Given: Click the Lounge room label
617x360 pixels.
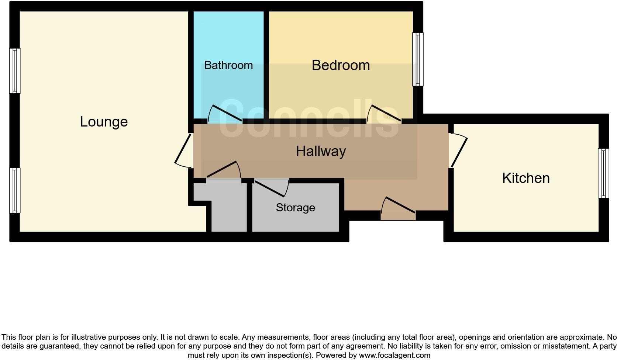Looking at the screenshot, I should pos(104,122).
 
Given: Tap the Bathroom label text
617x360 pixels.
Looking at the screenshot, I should pos(228,65).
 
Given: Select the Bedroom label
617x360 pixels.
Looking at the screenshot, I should pos(341,65).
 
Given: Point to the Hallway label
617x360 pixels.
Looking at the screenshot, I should pos(321,151).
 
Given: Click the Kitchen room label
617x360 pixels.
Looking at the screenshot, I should pos(526,178).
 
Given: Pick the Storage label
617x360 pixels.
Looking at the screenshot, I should pos(295,208).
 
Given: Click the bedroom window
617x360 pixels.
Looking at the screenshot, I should pos(418,59).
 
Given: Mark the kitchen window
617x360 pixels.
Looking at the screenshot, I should pos(603,173).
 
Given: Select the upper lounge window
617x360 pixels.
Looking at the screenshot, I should pos(15,71).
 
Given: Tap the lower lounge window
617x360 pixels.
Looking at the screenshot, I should pos(15,190).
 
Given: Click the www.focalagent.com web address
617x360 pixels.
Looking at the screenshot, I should pos(394,356).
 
